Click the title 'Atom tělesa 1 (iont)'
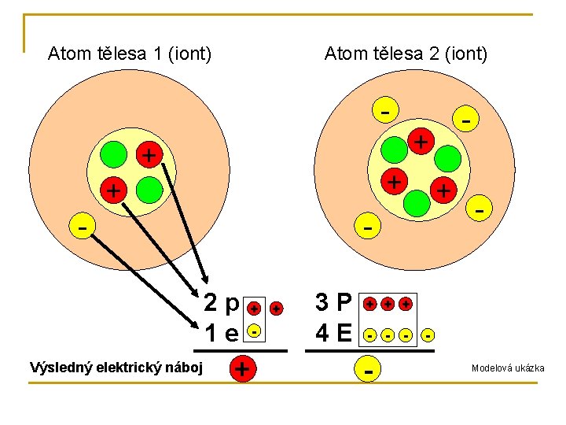point(129,54)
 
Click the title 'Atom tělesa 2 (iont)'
point(406,54)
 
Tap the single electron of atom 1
point(82,226)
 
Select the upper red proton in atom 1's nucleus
point(147,154)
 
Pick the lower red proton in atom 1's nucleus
point(115,190)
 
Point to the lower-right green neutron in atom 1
point(149,190)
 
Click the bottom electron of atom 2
point(366,227)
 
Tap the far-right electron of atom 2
point(479,209)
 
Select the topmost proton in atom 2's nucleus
point(422,142)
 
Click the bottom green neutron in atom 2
point(417,202)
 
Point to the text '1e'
point(221,333)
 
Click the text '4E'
point(333,334)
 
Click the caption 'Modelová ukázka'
point(507,368)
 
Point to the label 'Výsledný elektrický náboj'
point(116,368)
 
